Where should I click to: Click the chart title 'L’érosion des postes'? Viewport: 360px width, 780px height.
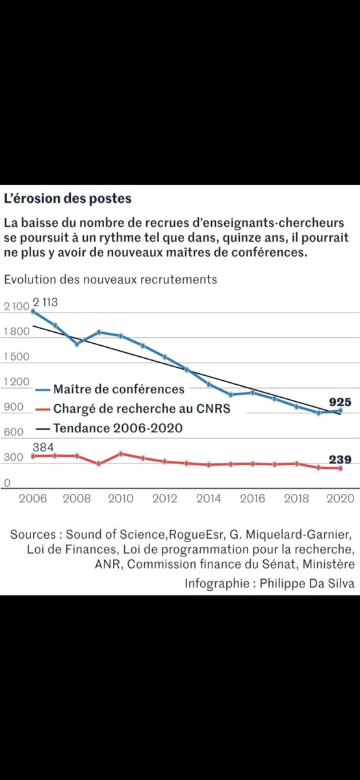(x=68, y=198)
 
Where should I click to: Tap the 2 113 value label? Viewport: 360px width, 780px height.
(x=45, y=302)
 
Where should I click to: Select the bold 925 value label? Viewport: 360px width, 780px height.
(x=340, y=402)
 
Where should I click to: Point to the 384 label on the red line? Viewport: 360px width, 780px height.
(x=43, y=447)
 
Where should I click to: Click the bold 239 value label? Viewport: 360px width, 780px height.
(x=340, y=460)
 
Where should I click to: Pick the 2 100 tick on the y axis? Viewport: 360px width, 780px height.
(x=16, y=306)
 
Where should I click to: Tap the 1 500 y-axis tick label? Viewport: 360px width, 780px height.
(x=16, y=357)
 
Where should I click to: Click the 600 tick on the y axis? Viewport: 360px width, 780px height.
(x=14, y=432)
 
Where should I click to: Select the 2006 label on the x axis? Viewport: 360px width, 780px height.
(x=32, y=499)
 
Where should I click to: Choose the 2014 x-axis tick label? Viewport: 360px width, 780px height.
(x=209, y=499)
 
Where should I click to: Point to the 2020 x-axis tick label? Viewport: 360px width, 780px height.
(x=340, y=499)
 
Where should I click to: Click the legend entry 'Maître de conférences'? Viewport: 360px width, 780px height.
(x=110, y=389)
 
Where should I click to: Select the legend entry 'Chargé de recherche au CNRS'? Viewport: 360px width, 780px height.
(x=133, y=408)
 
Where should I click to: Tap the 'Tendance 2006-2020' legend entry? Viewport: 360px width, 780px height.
(x=109, y=428)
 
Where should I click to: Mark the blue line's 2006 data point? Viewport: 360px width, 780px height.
(x=33, y=311)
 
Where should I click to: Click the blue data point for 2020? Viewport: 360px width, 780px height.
(x=340, y=411)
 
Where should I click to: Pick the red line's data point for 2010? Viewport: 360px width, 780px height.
(x=121, y=454)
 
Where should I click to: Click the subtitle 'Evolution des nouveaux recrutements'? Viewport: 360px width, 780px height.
(x=110, y=279)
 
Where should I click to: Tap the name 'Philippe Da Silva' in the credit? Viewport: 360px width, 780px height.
(x=307, y=583)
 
